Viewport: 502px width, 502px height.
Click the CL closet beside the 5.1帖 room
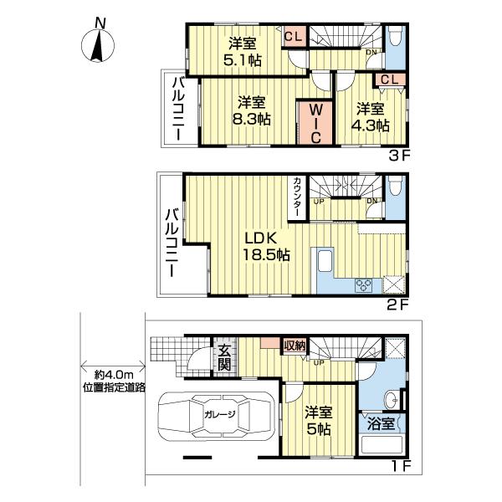point(293,36)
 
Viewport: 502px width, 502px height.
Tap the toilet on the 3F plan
point(395,38)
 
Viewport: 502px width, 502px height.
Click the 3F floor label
point(397,155)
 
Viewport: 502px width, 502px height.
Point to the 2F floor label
point(397,305)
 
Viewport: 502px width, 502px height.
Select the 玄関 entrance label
point(225,357)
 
